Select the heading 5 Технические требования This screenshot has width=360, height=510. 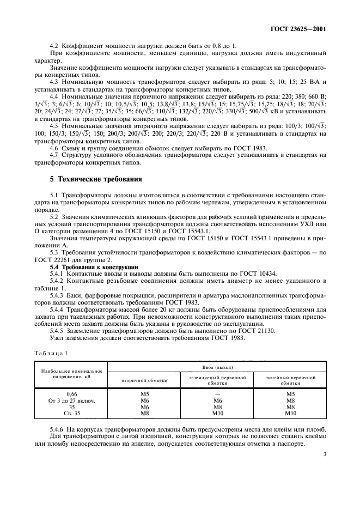(x=96, y=179)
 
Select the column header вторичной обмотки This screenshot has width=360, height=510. (x=144, y=380)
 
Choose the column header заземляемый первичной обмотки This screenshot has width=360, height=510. (x=217, y=380)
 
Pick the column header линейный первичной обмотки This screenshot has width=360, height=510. (x=290, y=380)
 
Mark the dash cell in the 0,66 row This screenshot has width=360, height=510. (x=217, y=394)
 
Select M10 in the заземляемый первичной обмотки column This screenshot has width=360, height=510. (x=217, y=414)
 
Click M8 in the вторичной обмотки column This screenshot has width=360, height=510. (x=144, y=414)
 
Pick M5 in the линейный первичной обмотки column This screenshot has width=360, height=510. (x=290, y=394)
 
